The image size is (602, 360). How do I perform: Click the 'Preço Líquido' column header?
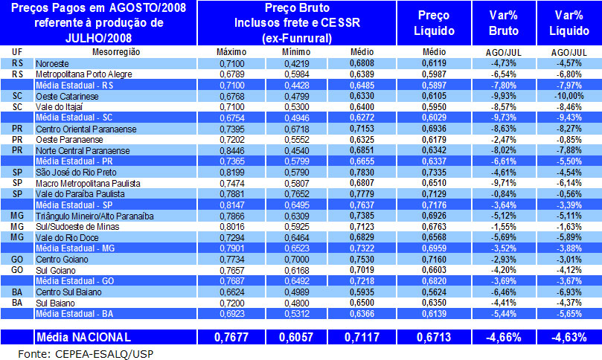434,22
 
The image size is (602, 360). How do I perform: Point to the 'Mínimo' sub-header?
297,51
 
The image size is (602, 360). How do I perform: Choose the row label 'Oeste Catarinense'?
68,96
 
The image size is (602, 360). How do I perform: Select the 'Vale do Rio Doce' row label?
66,237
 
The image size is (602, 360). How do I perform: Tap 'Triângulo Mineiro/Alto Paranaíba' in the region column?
95,215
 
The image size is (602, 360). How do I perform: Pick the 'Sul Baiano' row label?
55,303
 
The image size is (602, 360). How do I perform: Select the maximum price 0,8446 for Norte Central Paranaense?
231,150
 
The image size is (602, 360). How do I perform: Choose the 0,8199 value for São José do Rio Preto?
231,172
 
